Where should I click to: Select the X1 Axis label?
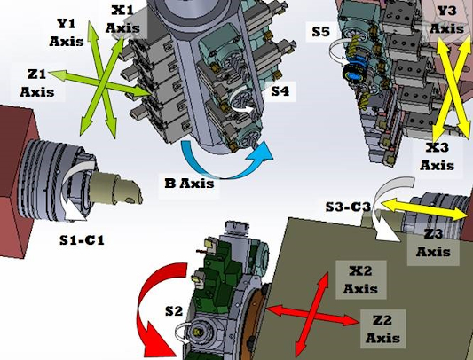click(122, 19)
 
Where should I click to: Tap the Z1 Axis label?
click(36, 82)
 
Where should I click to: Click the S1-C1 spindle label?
click(83, 239)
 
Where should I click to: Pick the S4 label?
click(280, 90)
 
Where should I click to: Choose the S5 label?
click(321, 32)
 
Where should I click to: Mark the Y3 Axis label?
click(446, 20)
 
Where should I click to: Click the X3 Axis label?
click(438, 156)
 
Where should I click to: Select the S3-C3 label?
click(347, 207)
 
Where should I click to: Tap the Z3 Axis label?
click(434, 242)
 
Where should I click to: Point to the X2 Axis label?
click(360, 278)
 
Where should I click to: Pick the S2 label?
click(173, 310)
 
